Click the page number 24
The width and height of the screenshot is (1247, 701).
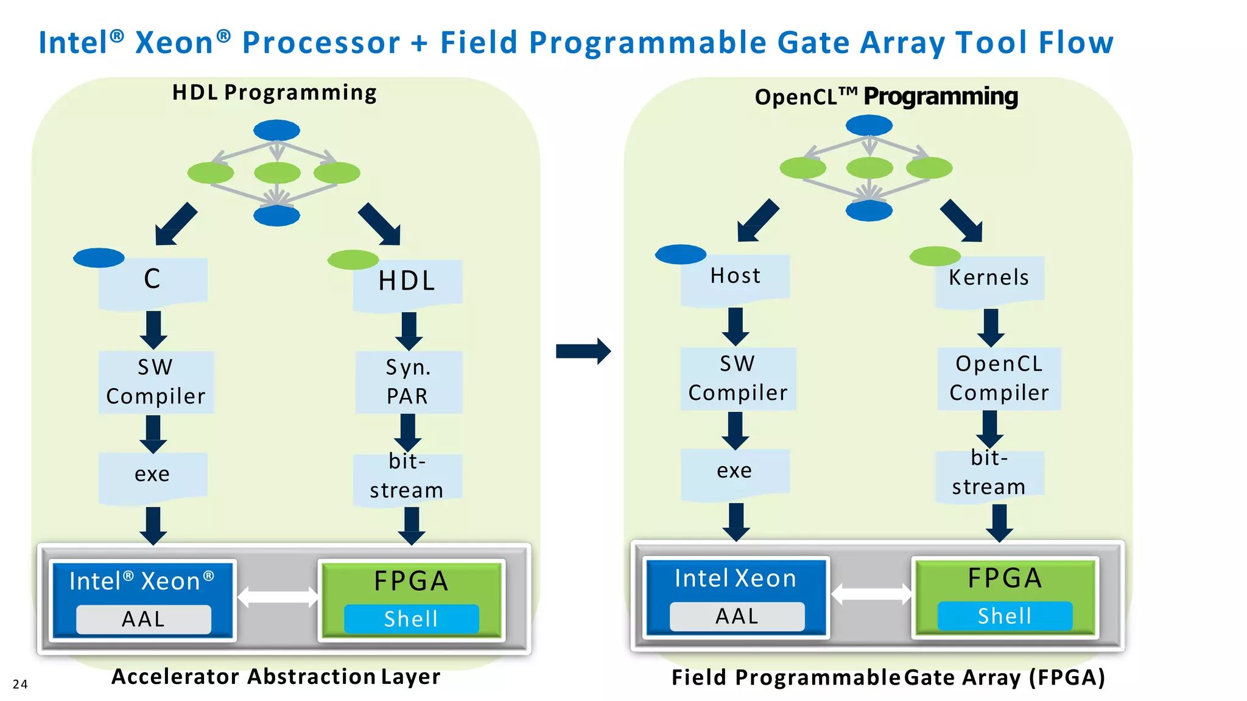20,684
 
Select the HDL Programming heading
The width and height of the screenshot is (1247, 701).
275,92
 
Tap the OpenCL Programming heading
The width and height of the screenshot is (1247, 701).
886,96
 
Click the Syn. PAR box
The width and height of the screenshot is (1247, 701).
409,382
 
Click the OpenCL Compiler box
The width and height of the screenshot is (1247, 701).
999,378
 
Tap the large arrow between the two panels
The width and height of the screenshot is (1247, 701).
583,351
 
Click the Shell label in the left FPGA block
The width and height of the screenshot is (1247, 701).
411,619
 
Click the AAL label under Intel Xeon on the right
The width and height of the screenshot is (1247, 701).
737,616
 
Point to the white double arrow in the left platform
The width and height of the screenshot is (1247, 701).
278,597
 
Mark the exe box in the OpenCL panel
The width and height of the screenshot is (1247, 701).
735,471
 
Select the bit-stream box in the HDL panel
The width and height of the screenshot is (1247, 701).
407,476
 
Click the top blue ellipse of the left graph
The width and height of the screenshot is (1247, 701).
276,130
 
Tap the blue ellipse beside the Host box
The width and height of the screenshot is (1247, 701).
680,254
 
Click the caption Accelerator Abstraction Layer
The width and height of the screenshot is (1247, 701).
276,677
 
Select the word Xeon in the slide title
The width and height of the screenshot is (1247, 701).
174,43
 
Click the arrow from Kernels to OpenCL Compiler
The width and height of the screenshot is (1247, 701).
991,327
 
